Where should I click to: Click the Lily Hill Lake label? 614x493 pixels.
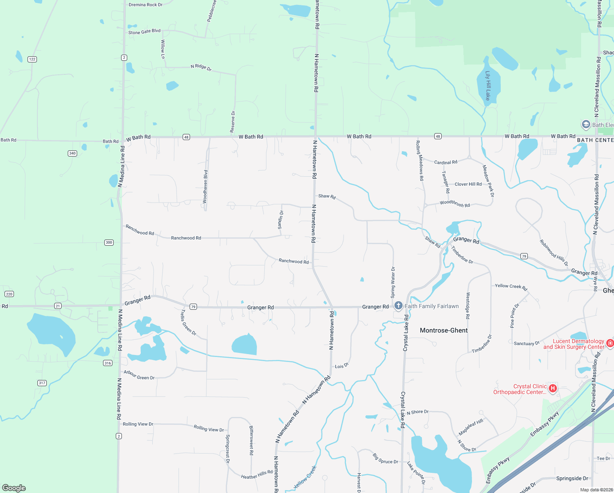[x=488, y=85]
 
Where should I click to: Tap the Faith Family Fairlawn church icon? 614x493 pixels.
[x=398, y=306]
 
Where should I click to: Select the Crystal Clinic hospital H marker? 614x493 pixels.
[x=553, y=388]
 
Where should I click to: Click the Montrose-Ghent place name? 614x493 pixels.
[x=444, y=330]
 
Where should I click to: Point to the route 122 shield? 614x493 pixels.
[x=32, y=59]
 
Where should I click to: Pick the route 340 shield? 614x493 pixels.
[x=72, y=153]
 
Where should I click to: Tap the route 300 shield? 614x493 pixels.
[x=109, y=242]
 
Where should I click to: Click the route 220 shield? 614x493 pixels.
[x=9, y=294]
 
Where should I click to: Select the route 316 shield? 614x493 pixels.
[x=108, y=363]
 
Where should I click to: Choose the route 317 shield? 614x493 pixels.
[x=42, y=383]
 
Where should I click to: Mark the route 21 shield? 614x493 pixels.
[x=58, y=306]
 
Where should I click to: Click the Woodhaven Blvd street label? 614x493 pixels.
[x=205, y=187]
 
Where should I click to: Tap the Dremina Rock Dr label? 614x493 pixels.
[x=145, y=5]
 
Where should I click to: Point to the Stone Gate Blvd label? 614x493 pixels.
[x=144, y=32]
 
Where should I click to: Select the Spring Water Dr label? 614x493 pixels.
[x=393, y=282]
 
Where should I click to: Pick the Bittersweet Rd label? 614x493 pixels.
[x=252, y=440]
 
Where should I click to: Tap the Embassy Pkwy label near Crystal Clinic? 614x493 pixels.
[x=544, y=424]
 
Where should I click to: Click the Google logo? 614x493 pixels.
[x=14, y=488]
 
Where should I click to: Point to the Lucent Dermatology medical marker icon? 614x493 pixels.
[x=610, y=343]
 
